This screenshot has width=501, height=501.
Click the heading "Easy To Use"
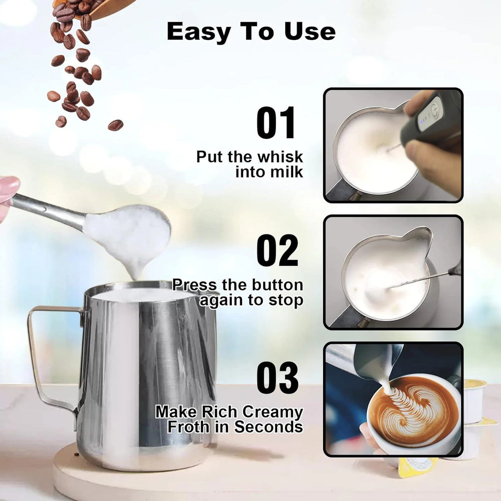click(251, 32)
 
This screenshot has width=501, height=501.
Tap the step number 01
click(277, 123)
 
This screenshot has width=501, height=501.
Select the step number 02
click(277, 250)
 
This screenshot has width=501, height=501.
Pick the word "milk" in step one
click(288, 172)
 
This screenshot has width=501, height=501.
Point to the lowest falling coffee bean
click(115, 125)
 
